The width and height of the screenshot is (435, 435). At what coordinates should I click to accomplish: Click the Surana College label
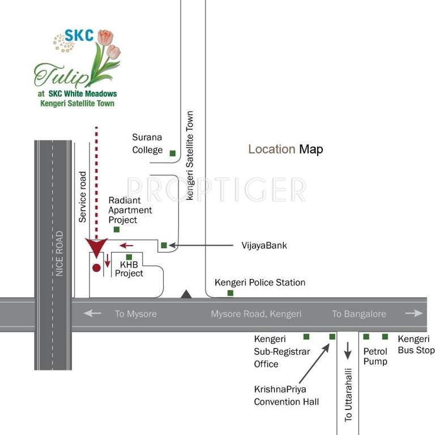147,144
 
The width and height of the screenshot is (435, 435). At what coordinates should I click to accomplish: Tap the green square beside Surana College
173,153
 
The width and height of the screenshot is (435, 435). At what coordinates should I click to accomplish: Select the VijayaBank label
264,245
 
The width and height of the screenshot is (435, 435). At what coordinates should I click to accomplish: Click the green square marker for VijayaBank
164,245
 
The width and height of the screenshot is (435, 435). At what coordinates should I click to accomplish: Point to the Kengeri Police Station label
260,283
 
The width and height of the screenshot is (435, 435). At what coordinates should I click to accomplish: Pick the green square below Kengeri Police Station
231,293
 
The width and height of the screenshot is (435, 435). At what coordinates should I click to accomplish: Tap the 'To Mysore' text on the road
135,314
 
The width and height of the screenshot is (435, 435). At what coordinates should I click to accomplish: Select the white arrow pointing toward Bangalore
414,313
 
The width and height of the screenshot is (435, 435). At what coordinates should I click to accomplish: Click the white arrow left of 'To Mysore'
92,313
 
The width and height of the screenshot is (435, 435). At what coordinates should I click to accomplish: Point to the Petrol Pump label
376,356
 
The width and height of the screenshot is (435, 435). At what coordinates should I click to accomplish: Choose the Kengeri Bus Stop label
416,345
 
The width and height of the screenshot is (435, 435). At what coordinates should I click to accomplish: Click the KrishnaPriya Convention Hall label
286,396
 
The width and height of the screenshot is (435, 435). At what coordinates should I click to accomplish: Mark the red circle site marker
96,267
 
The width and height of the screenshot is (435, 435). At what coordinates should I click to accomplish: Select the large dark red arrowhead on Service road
96,248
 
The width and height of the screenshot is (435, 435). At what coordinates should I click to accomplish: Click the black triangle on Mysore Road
186,293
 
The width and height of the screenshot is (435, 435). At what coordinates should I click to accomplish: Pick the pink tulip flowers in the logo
108,45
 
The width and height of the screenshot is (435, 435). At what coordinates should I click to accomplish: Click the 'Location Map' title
285,150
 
